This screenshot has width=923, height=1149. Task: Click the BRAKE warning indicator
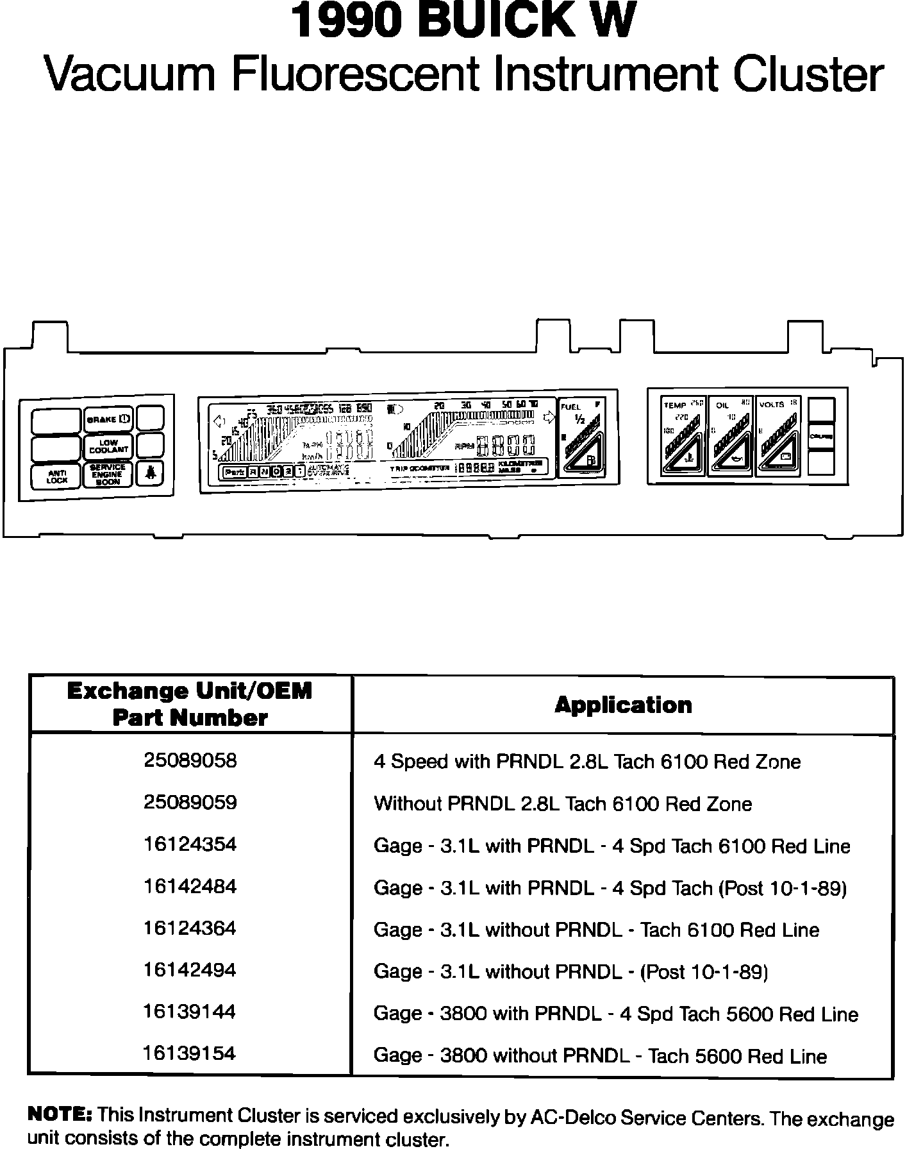pyautogui.click(x=108, y=419)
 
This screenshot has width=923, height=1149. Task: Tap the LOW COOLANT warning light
pyautogui.click(x=108, y=446)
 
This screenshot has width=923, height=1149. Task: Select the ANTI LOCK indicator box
pyautogui.click(x=56, y=476)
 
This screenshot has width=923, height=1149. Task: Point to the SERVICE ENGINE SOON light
pyautogui.click(x=108, y=474)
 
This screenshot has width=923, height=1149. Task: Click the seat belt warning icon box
pyautogui.click(x=150, y=474)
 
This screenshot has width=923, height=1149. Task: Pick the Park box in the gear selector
pyautogui.click(x=235, y=472)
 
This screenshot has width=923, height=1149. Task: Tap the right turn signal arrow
pyautogui.click(x=549, y=418)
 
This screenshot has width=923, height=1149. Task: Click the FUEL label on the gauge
pyautogui.click(x=570, y=407)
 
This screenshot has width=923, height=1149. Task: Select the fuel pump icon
pyautogui.click(x=590, y=460)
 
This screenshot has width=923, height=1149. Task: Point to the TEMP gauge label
pyautogui.click(x=674, y=405)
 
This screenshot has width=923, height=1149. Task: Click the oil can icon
pyautogui.click(x=735, y=459)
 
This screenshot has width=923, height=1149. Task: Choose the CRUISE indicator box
pyautogui.click(x=821, y=436)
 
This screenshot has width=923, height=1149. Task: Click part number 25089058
pyautogui.click(x=190, y=760)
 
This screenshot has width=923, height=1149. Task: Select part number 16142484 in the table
pyautogui.click(x=190, y=886)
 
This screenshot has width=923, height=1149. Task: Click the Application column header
pyautogui.click(x=623, y=705)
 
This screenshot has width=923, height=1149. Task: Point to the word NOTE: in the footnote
pyautogui.click(x=60, y=1114)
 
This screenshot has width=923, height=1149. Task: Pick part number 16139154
pyautogui.click(x=190, y=1053)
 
